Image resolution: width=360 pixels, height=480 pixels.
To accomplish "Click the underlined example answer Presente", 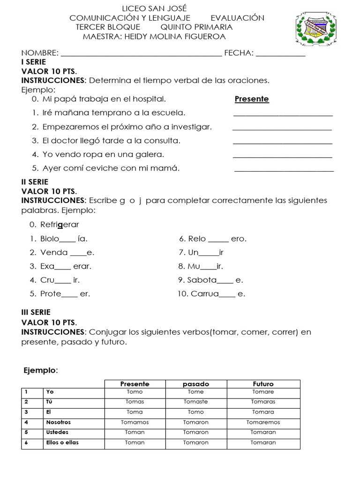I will (x=252, y=99).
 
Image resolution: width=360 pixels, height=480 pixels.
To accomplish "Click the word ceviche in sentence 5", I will (x=104, y=168).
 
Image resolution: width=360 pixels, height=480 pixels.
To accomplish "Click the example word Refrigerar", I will (x=60, y=225).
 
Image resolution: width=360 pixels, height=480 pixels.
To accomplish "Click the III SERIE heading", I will (x=36, y=312).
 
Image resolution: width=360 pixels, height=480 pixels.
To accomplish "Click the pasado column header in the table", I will (x=196, y=384).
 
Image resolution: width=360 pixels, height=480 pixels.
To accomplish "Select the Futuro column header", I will (x=263, y=384).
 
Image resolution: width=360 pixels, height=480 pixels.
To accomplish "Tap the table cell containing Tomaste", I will (x=196, y=402).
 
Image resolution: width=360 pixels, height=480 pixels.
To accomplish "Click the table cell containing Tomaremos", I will (x=263, y=422).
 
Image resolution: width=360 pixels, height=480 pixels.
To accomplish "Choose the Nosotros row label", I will (x=59, y=422).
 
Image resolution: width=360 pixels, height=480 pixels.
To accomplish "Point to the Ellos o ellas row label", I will (x=62, y=442).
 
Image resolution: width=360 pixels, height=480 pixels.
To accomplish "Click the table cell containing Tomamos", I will (x=135, y=422).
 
